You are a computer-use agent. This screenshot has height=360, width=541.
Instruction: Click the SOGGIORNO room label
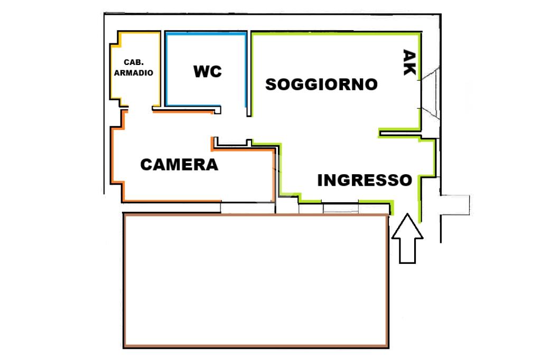tap(321, 84)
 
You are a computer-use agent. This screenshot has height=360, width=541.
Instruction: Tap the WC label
tap(207, 71)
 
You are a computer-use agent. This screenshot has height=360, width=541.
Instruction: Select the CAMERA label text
tap(179, 165)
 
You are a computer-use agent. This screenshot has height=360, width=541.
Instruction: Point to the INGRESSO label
tap(365, 180)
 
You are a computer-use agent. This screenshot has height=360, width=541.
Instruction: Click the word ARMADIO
tap(134, 73)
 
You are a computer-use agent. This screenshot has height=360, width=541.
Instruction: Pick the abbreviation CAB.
tap(134, 62)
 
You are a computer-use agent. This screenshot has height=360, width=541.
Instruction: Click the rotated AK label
tap(409, 62)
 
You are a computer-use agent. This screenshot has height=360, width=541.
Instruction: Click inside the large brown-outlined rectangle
tap(256, 280)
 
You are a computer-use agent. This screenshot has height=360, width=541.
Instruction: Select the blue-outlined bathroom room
tap(206, 69)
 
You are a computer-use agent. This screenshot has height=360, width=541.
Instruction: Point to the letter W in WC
tap(202, 71)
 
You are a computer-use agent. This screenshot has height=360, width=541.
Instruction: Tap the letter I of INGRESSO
tap(320, 180)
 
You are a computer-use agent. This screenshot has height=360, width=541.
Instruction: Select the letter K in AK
tap(409, 69)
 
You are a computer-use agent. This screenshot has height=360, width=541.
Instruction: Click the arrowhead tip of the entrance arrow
tap(407, 213)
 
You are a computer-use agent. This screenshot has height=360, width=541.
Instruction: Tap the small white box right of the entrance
tap(455, 205)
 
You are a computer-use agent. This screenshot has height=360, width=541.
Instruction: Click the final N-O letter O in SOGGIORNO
tap(371, 84)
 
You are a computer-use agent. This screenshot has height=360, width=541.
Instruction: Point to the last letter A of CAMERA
tap(211, 165)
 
